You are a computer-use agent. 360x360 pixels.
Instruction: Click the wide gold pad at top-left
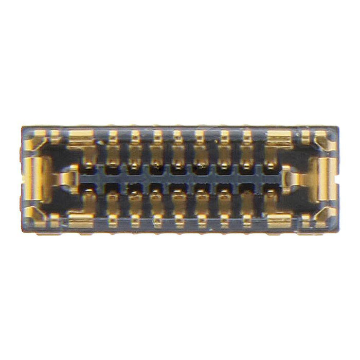click(x=81, y=137)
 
